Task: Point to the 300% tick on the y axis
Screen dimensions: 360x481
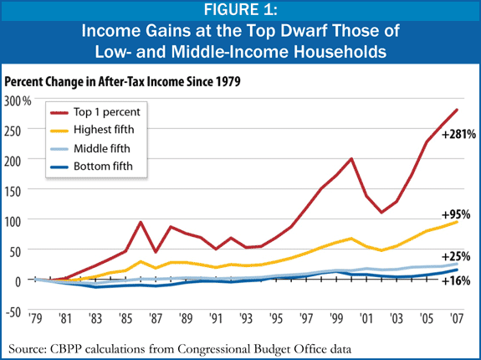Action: point(17,100)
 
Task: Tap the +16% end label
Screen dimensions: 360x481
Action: point(456,281)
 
